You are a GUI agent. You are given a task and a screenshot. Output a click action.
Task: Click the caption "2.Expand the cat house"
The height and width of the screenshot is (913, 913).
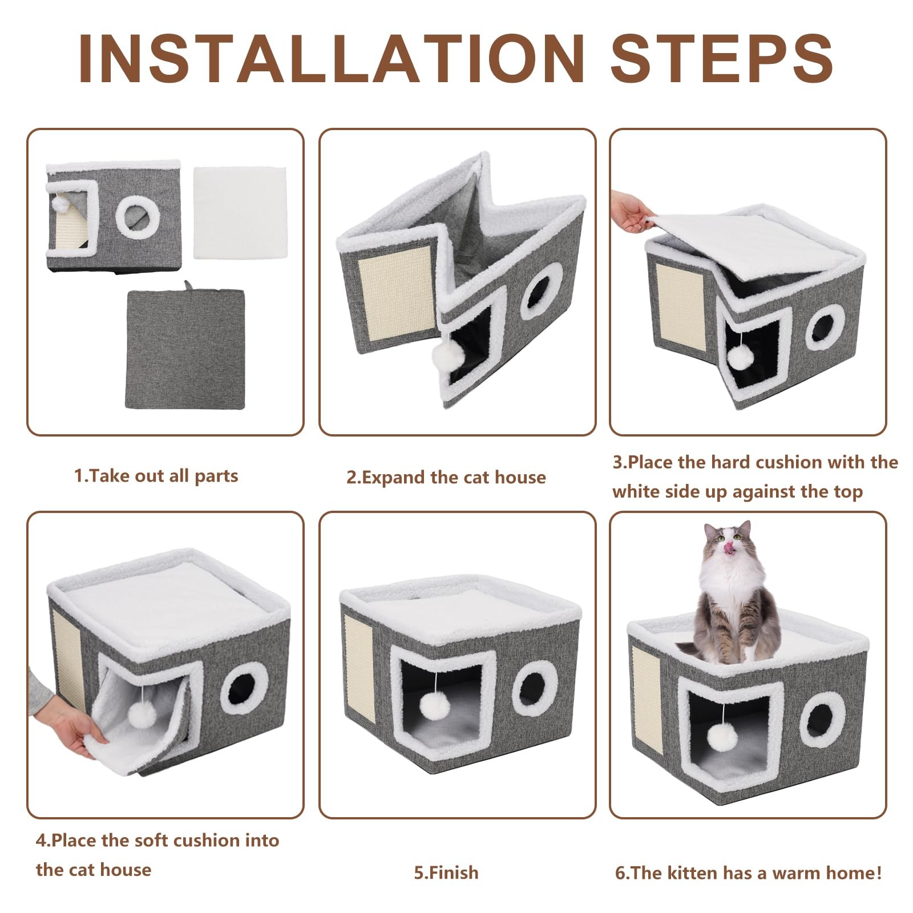[x=446, y=477]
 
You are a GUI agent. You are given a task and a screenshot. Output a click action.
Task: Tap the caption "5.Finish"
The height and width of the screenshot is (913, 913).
[x=446, y=872]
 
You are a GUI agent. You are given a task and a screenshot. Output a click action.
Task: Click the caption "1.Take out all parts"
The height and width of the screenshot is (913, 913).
[x=156, y=476]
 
